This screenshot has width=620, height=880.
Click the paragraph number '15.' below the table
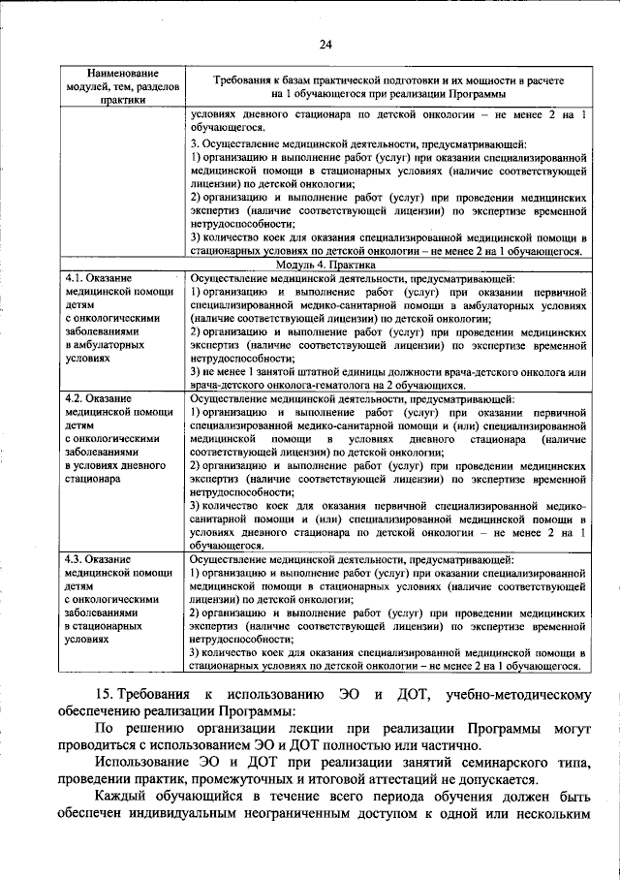(107, 696)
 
